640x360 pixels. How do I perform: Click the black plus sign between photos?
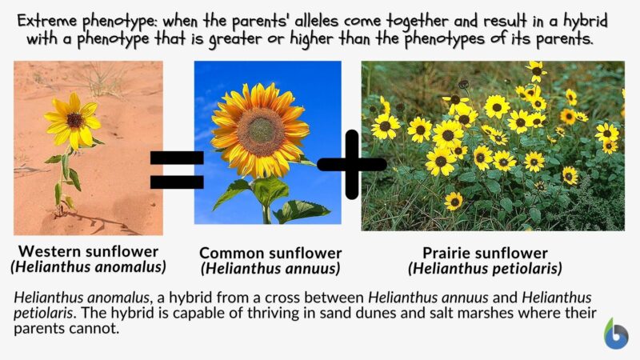coord(351,165)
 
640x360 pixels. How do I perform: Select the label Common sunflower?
coord(270,252)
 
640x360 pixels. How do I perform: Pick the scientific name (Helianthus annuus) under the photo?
coord(270,268)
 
